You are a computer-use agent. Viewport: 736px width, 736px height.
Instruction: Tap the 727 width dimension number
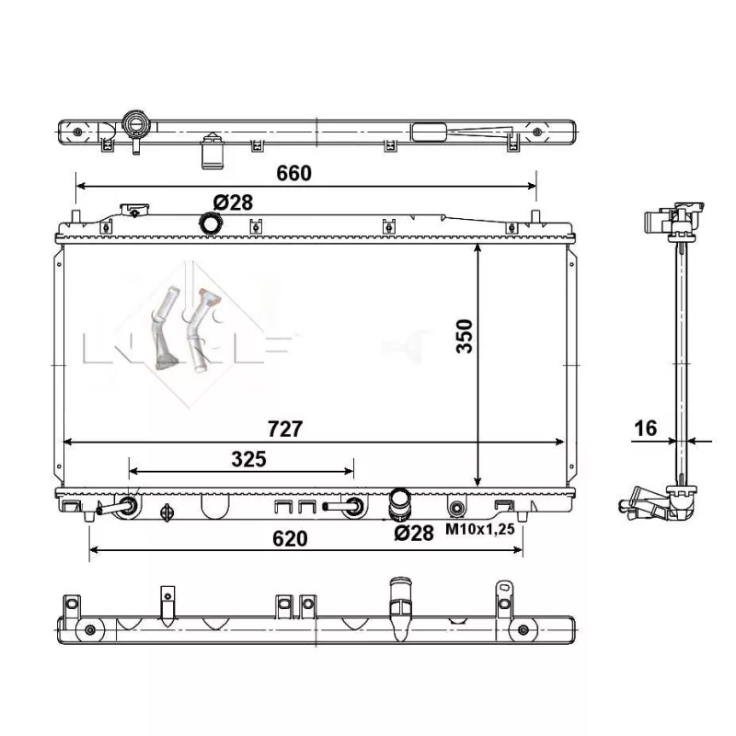(x=284, y=430)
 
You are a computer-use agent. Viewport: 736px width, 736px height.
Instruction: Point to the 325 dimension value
(x=248, y=459)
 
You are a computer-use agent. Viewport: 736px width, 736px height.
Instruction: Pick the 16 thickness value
(x=646, y=428)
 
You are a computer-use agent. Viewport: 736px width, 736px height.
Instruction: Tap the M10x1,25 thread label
(x=481, y=531)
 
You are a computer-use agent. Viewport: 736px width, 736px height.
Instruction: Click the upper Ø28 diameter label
(x=233, y=202)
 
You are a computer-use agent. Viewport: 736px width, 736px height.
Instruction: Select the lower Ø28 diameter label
(x=413, y=531)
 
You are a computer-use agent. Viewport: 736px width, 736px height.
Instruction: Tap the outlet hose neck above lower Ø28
(x=400, y=502)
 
